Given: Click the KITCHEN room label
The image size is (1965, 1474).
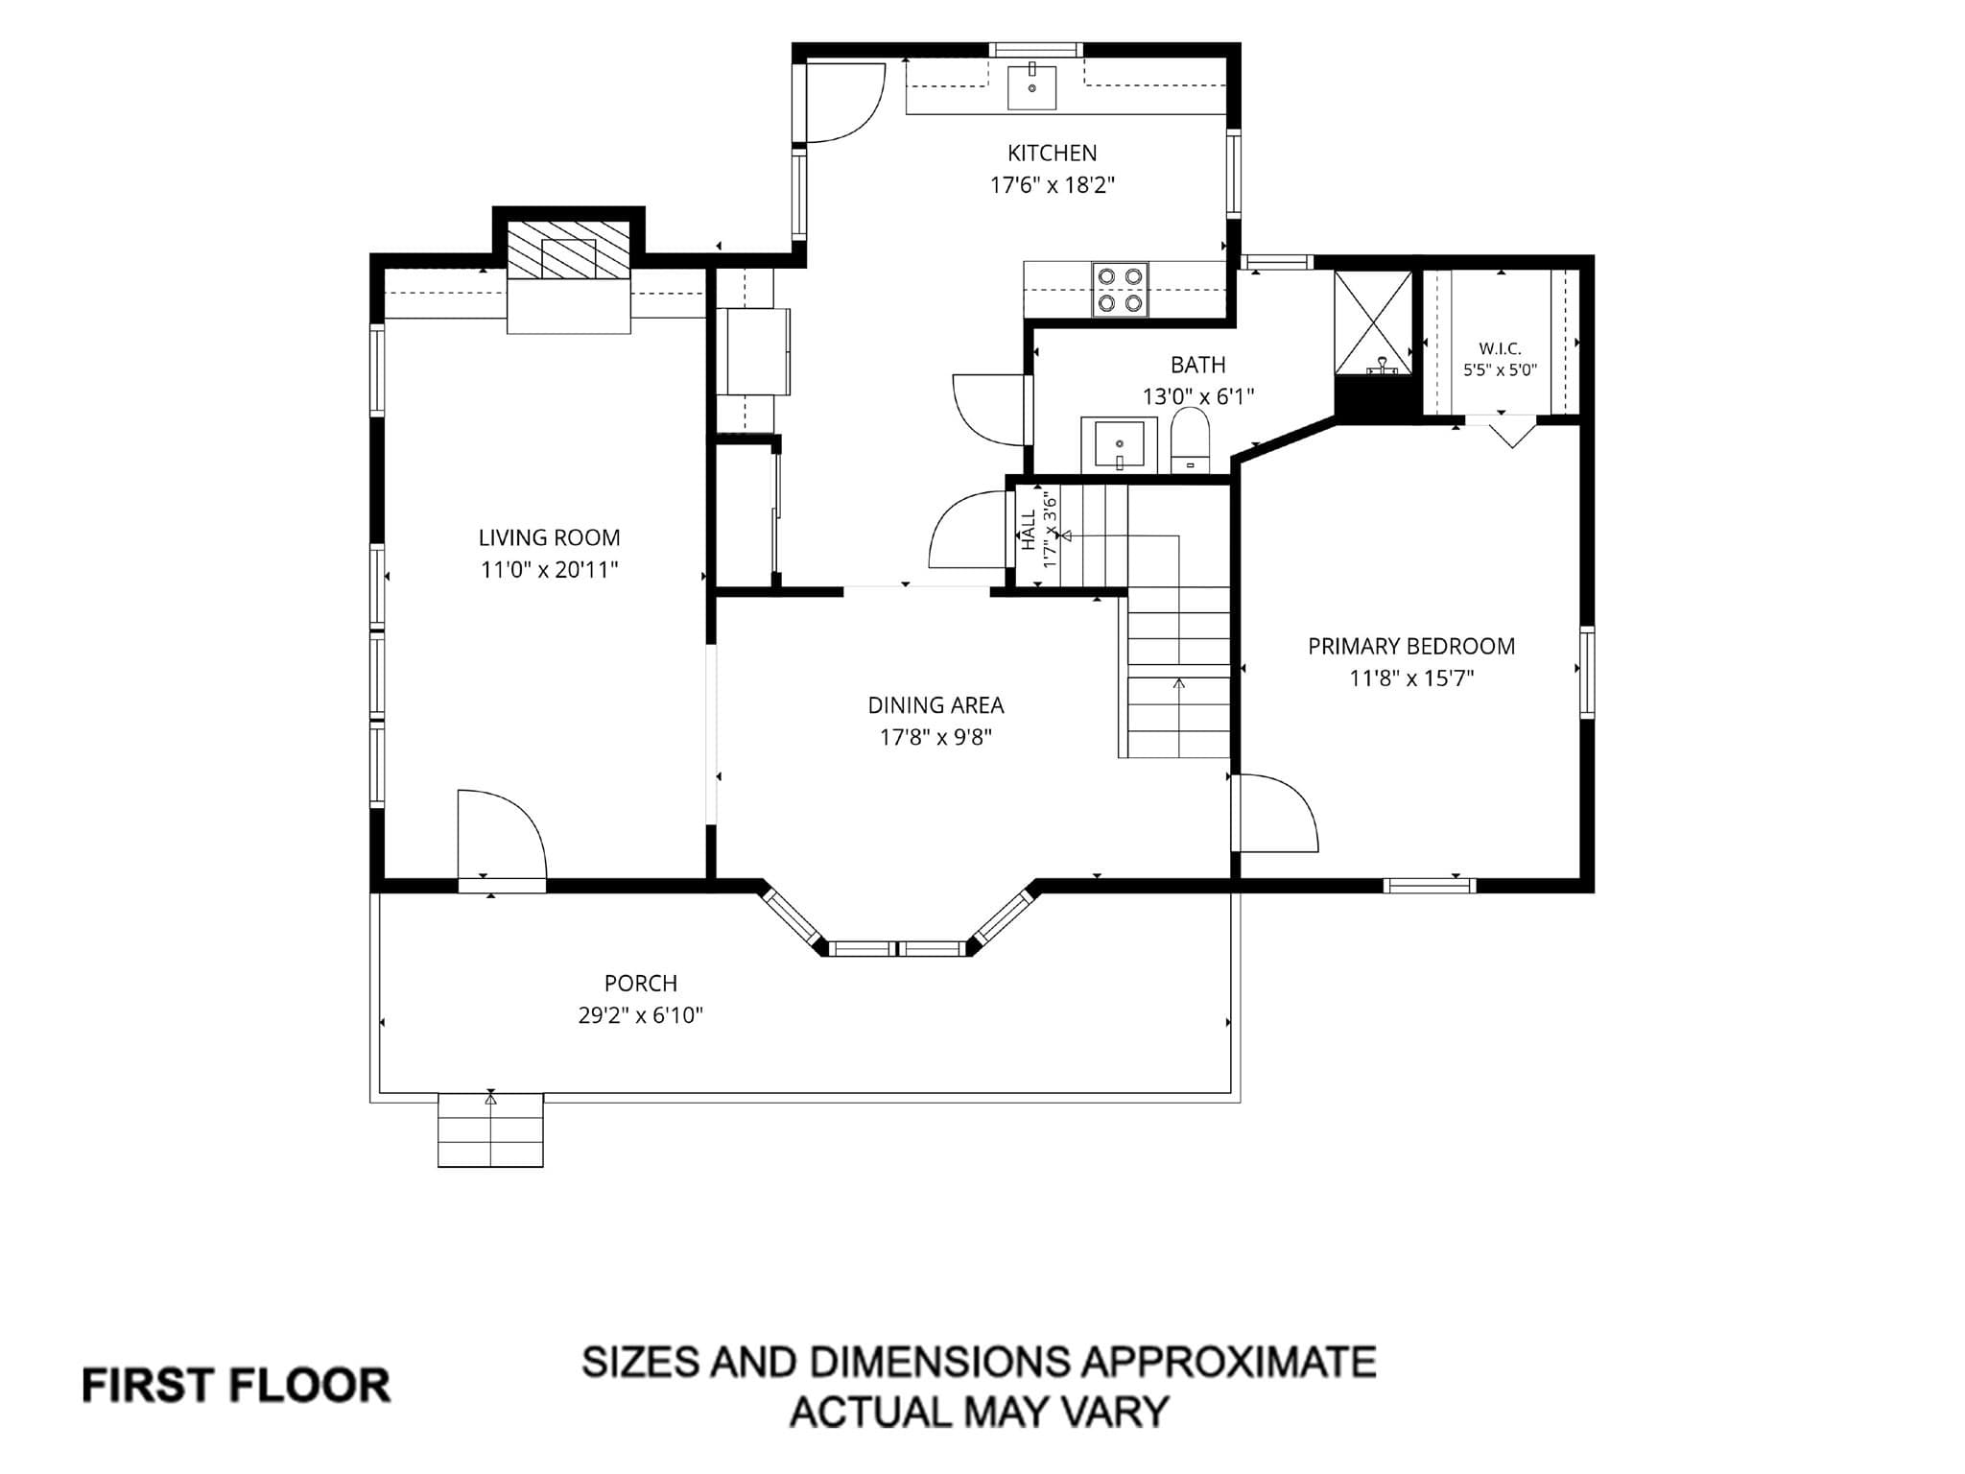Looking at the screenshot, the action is pyautogui.click(x=1052, y=153).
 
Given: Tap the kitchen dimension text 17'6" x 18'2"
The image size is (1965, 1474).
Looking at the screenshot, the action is pyautogui.click(x=1052, y=185).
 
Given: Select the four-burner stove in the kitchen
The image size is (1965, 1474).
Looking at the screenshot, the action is pyautogui.click(x=1120, y=290).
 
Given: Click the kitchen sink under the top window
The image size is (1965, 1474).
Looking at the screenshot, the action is pyautogui.click(x=1032, y=87).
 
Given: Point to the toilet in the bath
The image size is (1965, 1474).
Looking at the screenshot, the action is pyautogui.click(x=1190, y=440).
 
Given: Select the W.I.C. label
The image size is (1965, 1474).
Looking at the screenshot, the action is pyautogui.click(x=1500, y=349).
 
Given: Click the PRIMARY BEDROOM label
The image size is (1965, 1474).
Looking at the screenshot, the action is pyautogui.click(x=1411, y=646).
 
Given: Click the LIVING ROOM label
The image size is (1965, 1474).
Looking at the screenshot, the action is pyautogui.click(x=549, y=537).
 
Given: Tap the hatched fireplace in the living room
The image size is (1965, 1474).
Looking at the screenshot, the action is pyautogui.click(x=569, y=251).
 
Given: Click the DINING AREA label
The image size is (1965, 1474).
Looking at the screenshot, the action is pyautogui.click(x=935, y=705).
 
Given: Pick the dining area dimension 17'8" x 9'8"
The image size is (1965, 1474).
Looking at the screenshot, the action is pyautogui.click(x=935, y=737).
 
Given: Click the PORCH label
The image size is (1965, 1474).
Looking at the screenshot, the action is pyautogui.click(x=640, y=984).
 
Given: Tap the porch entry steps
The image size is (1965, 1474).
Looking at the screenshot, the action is pyautogui.click(x=490, y=1130).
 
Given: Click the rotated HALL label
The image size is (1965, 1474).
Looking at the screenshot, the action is pyautogui.click(x=1029, y=530).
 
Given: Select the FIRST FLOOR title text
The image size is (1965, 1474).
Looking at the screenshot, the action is pyautogui.click(x=236, y=1386).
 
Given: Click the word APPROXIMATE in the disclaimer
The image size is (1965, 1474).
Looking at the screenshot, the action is pyautogui.click(x=1229, y=1362).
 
